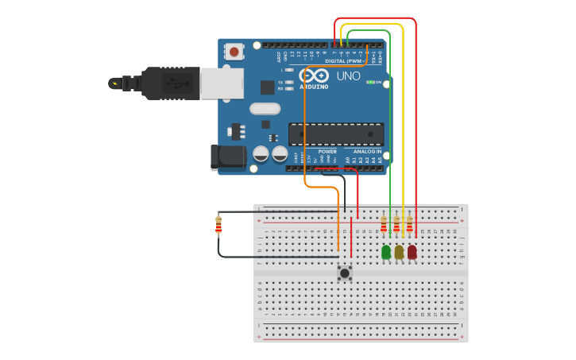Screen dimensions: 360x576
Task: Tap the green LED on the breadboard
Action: point(386,252)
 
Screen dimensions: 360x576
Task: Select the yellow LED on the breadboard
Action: point(399,252)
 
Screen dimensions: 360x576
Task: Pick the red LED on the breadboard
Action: point(412,252)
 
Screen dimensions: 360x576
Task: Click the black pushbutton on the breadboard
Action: point(345,273)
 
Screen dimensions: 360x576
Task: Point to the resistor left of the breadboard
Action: point(218,226)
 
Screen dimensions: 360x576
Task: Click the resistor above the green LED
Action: point(384,226)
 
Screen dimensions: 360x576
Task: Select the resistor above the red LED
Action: point(410,226)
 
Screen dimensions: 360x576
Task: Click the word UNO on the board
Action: point(348,76)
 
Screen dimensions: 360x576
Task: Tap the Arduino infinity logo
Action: point(314,75)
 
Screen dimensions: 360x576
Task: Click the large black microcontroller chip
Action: point(335,134)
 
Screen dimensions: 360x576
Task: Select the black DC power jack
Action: point(229,157)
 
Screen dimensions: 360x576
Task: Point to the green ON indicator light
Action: point(370,82)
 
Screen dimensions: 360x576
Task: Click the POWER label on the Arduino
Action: point(327,151)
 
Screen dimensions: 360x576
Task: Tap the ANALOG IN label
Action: point(367,151)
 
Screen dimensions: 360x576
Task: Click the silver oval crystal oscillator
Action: point(265,109)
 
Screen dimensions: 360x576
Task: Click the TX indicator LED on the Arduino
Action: point(289,82)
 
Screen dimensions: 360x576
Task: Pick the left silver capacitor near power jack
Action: point(261,153)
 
